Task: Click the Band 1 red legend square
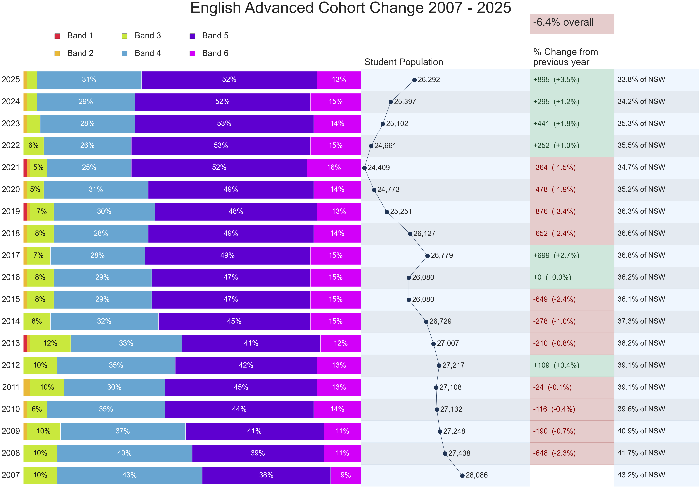click(57, 36)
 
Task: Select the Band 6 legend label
click(215, 53)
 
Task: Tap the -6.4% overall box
click(572, 24)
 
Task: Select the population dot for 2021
click(364, 168)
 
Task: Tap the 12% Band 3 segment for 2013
click(50, 343)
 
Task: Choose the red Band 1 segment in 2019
click(25, 212)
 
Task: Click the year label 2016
click(11, 277)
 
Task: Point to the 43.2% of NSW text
click(641, 475)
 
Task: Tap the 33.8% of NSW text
click(641, 80)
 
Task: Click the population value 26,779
click(442, 256)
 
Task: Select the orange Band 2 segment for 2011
click(27, 387)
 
